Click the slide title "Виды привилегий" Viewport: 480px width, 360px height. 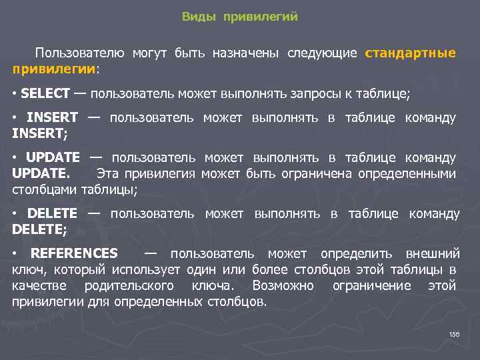pos(239,17)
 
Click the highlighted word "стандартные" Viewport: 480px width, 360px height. pos(411,53)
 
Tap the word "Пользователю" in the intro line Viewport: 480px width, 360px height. pos(79,53)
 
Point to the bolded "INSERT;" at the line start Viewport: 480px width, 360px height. pos(39,133)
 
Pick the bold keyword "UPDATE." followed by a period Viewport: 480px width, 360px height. pos(41,174)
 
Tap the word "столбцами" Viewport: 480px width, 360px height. pos(45,189)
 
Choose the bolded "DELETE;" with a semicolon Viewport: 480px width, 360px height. pos(39,229)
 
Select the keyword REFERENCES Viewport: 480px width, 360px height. pos(74,253)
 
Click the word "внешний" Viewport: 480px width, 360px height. pos(433,253)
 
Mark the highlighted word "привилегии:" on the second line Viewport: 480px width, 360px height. pos(55,68)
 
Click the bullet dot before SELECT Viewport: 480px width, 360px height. pos(15,93)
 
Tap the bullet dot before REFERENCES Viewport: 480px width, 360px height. pos(15,253)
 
